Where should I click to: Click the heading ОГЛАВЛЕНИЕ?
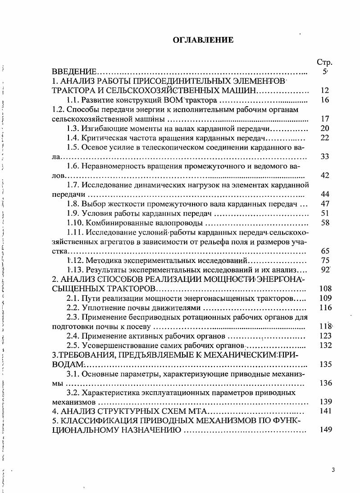(x=203, y=40)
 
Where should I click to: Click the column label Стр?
(x=324, y=62)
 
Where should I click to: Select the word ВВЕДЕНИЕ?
(x=74, y=72)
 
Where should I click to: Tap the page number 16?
(x=325, y=100)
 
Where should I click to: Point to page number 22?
(x=325, y=138)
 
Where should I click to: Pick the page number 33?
(x=325, y=157)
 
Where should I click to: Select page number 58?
(x=325, y=222)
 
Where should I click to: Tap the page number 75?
(x=325, y=260)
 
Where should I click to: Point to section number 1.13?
(x=75, y=270)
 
